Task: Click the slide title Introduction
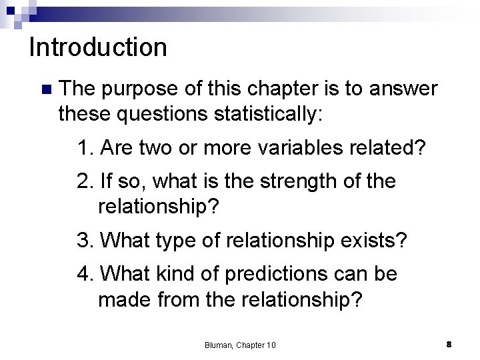tap(98, 47)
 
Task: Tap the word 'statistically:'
tap(265, 114)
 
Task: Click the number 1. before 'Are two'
tap(85, 147)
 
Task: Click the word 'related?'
tap(393, 147)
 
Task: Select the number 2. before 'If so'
tap(85, 181)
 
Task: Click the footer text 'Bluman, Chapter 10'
tap(240, 344)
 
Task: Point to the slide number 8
tap(449, 343)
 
